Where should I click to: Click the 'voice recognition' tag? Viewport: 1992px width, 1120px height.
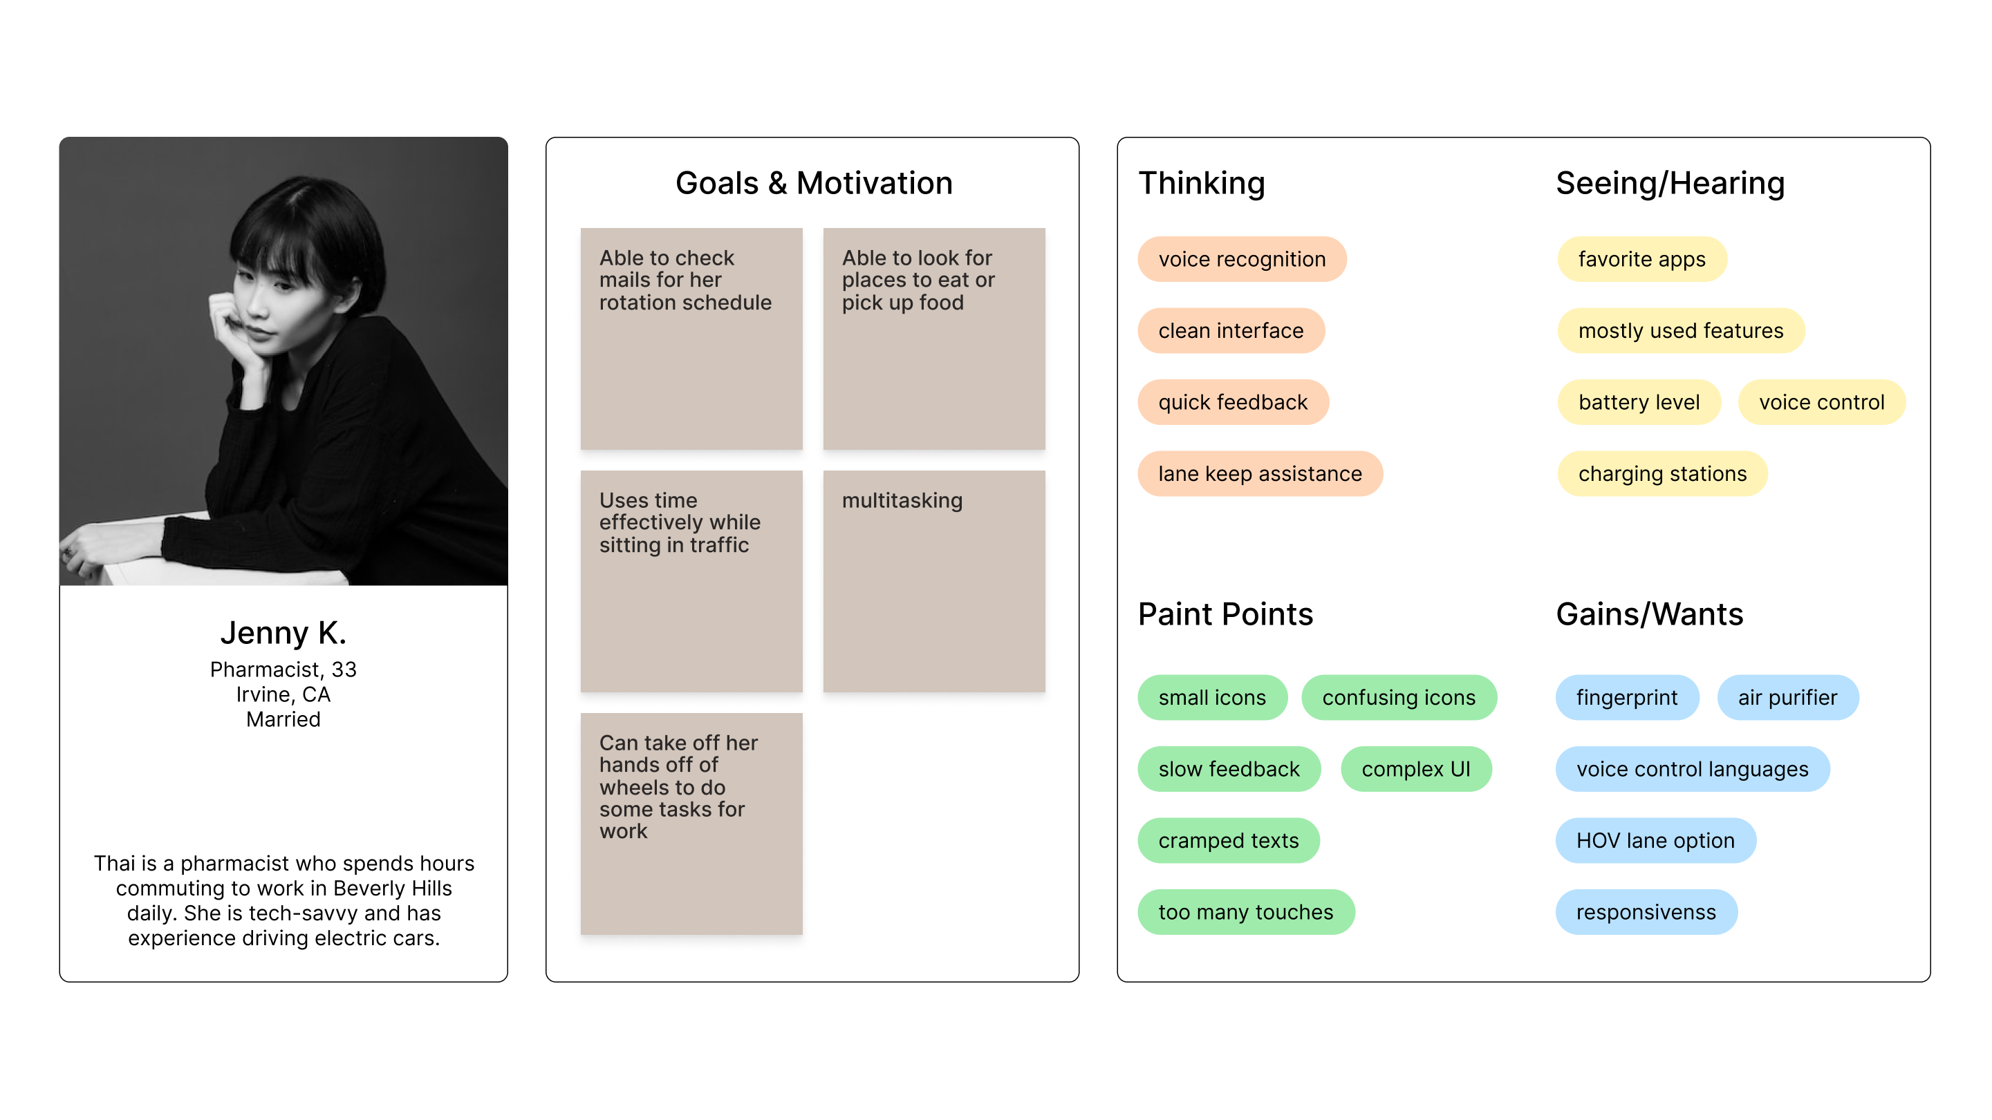(x=1242, y=259)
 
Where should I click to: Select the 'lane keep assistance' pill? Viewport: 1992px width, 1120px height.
(x=1260, y=474)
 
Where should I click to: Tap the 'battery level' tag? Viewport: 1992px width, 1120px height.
(x=1639, y=402)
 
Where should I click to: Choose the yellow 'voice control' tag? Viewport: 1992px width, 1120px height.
(x=1821, y=402)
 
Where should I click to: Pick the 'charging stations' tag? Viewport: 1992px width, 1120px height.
(x=1661, y=474)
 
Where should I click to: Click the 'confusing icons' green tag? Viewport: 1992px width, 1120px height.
(x=1399, y=697)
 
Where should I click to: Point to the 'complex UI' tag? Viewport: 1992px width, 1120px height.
(x=1416, y=769)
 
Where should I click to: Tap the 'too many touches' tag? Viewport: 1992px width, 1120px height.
(x=1246, y=912)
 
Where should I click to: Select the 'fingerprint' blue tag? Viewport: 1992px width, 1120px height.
(x=1627, y=697)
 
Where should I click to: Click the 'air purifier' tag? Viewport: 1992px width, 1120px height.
(x=1788, y=697)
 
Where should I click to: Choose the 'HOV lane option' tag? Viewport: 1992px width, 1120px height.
(x=1655, y=840)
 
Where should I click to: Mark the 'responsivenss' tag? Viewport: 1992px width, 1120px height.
(x=1646, y=912)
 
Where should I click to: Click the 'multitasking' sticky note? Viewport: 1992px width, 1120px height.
(x=934, y=581)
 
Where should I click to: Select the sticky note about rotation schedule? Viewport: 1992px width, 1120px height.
(x=691, y=339)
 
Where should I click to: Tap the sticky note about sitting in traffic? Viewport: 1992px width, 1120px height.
(x=691, y=581)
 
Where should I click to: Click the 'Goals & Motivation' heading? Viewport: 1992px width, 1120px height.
(x=814, y=183)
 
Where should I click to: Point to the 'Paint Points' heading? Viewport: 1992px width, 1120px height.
(x=1225, y=614)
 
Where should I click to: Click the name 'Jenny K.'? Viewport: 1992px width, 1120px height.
(x=283, y=632)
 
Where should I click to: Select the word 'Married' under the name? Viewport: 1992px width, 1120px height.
(x=283, y=719)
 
